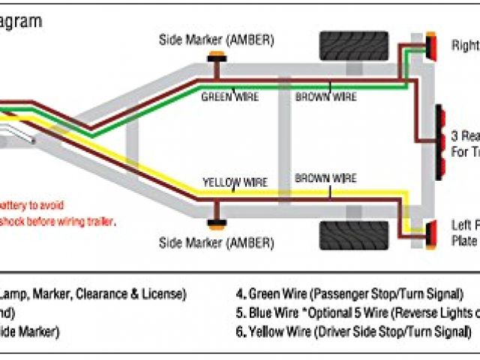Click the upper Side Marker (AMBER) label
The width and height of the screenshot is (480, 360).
[x=216, y=40]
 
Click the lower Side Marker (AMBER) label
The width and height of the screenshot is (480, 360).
[x=216, y=242]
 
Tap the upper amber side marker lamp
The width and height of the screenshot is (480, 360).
[x=216, y=56]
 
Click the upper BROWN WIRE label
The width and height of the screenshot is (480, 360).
[x=325, y=97]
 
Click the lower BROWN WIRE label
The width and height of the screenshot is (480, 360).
[x=325, y=178]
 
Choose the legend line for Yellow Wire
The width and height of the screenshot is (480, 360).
[x=353, y=331]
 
